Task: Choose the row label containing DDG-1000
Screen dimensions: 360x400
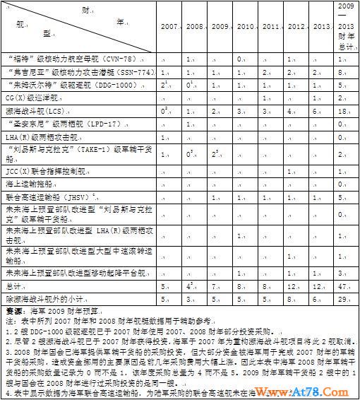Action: tap(75, 85)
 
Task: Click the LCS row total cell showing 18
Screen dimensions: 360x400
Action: tap(344, 110)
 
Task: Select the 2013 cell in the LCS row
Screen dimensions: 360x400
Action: tap(320, 110)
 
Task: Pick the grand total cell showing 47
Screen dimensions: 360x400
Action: tap(344, 286)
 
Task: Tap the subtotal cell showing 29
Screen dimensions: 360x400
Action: tap(344, 298)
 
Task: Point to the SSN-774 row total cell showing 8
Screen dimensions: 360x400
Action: tap(344, 72)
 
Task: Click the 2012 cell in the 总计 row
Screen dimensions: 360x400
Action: tap(295, 286)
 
